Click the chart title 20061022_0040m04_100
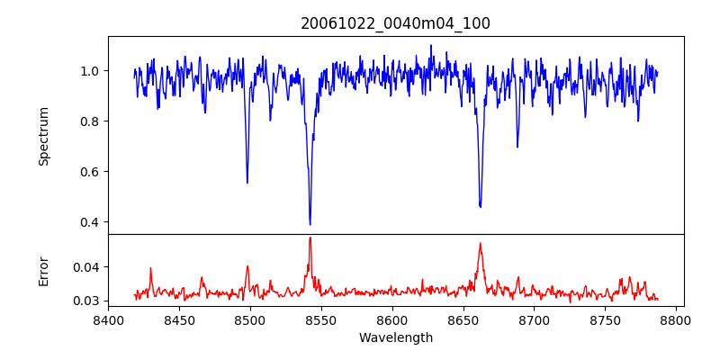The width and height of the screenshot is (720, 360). click(x=395, y=23)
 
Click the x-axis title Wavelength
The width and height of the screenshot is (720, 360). click(x=395, y=337)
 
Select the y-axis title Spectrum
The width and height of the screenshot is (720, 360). click(x=43, y=136)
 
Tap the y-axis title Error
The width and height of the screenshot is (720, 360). click(x=43, y=271)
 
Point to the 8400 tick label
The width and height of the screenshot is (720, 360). click(x=108, y=319)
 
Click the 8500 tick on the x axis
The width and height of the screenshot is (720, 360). click(x=250, y=319)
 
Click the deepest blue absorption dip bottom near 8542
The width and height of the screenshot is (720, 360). click(x=310, y=224)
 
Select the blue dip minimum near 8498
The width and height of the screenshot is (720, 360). click(x=247, y=183)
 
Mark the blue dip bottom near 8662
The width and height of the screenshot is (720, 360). click(x=481, y=207)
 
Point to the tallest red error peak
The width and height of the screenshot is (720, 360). click(x=310, y=238)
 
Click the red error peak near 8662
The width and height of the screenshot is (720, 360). click(x=481, y=243)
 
